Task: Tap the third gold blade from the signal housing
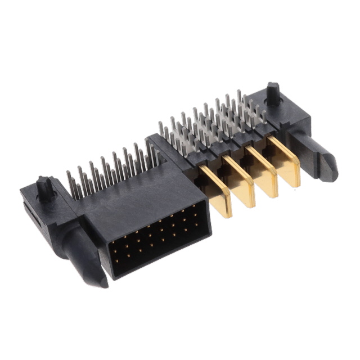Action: [263, 171]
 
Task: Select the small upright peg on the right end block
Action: [273, 93]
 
